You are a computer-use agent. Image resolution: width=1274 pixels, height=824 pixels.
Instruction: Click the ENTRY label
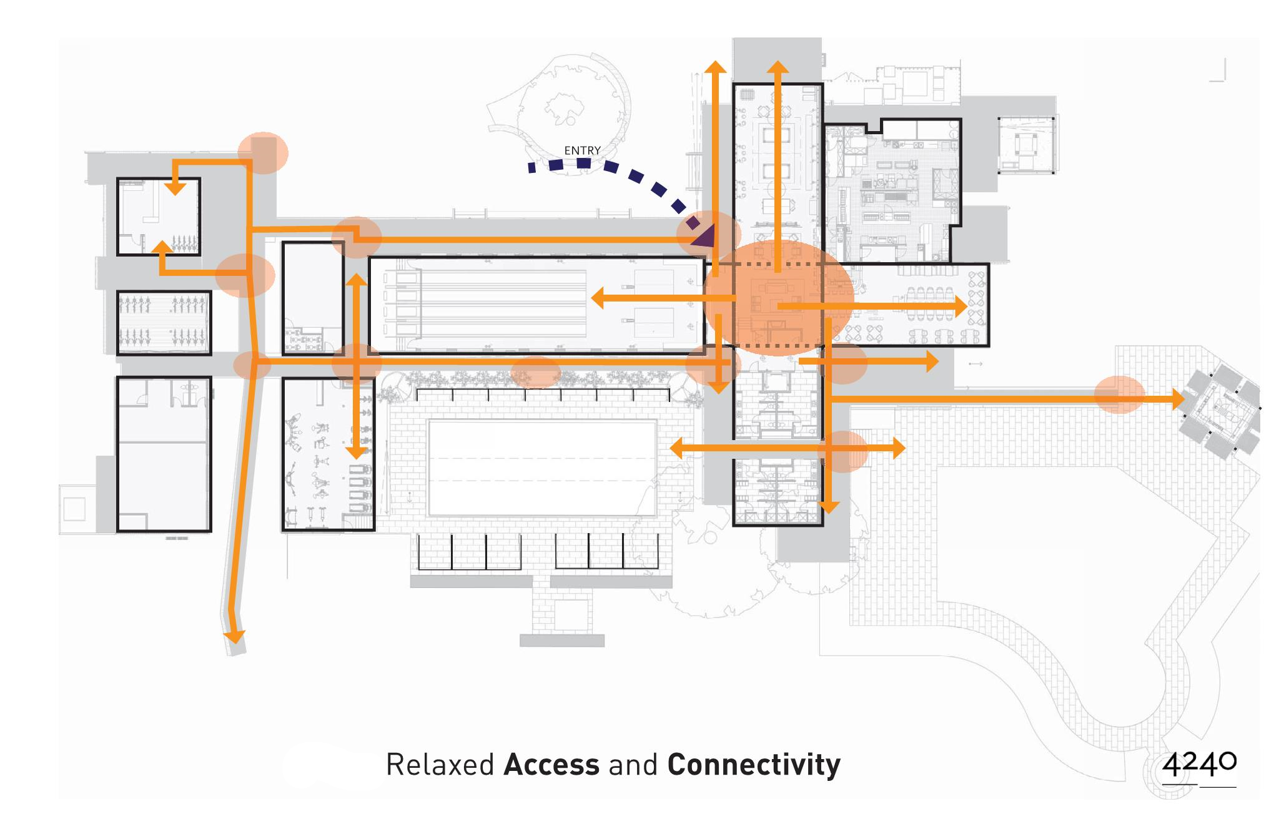point(582,150)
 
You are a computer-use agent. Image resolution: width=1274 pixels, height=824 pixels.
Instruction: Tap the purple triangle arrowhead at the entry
point(704,237)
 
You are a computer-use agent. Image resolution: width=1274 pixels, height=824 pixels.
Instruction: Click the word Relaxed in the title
point(440,765)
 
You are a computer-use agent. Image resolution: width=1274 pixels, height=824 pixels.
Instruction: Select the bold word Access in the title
point(551,765)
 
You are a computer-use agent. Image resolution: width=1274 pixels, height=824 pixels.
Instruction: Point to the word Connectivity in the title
point(754,765)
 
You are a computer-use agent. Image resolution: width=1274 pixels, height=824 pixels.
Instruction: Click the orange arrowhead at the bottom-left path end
point(235,635)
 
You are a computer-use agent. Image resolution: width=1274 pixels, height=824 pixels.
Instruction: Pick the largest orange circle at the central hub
point(778,298)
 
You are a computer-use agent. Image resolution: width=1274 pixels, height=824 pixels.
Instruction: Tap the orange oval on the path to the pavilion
point(1119,395)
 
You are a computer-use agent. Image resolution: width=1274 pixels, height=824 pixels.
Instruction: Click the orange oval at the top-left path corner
point(264,152)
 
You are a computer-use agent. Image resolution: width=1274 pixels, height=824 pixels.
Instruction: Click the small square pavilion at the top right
point(1026,145)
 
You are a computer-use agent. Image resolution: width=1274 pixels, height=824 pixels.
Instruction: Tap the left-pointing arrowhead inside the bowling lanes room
point(598,298)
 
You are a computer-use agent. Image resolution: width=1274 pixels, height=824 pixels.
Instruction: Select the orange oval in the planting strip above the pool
point(535,373)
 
